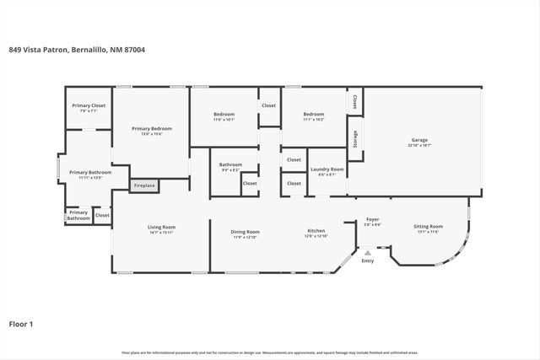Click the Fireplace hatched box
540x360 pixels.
(x=143, y=185)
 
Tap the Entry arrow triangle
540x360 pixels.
(x=367, y=252)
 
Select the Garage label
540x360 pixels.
(x=418, y=140)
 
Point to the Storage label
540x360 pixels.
(x=356, y=139)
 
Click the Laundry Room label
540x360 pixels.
(x=327, y=169)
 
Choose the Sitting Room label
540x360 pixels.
(x=428, y=226)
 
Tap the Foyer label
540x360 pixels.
(x=372, y=219)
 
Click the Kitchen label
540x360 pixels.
(x=316, y=231)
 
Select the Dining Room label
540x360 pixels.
(x=246, y=231)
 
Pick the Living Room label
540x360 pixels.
(x=161, y=227)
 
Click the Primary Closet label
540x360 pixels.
(x=89, y=105)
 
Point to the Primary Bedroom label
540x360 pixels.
(x=152, y=128)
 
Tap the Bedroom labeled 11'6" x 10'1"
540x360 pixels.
(x=224, y=114)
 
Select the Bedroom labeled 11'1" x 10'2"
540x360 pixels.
(x=314, y=114)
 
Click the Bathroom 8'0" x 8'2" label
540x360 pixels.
(x=230, y=164)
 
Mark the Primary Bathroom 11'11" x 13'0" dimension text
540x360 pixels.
(x=89, y=178)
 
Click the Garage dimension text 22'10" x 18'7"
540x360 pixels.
(x=418, y=146)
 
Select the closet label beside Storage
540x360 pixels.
(x=355, y=101)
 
